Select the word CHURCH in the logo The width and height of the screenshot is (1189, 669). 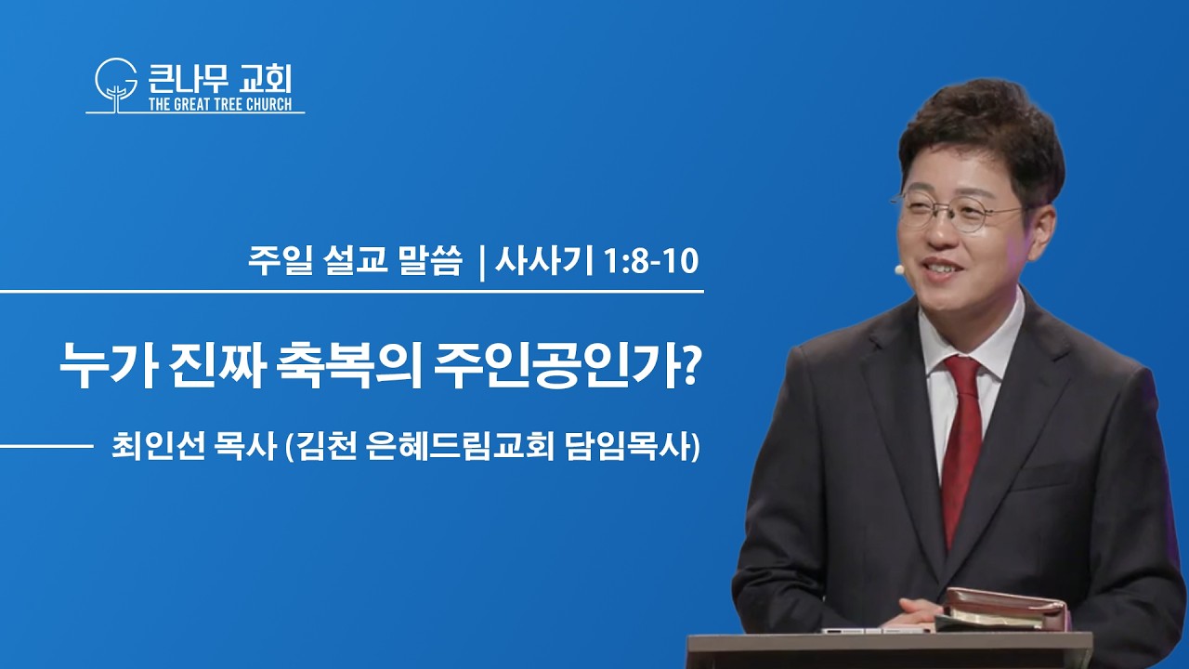point(269,104)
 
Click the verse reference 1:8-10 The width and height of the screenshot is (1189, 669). point(651,261)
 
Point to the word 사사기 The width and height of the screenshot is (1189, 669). point(543,261)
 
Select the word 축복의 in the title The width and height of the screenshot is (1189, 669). point(349,366)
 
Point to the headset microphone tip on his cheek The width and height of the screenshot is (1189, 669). point(899,269)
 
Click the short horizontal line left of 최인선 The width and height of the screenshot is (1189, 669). point(46,447)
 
